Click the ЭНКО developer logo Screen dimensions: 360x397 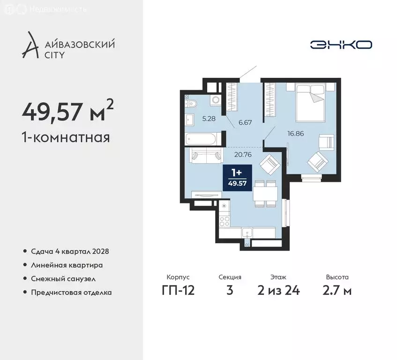coord(341,45)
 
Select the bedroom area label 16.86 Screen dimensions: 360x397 coord(296,133)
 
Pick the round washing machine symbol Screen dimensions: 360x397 coord(216,99)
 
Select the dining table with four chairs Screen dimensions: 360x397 coord(265,193)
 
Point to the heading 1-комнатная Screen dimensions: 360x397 coord(66,137)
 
